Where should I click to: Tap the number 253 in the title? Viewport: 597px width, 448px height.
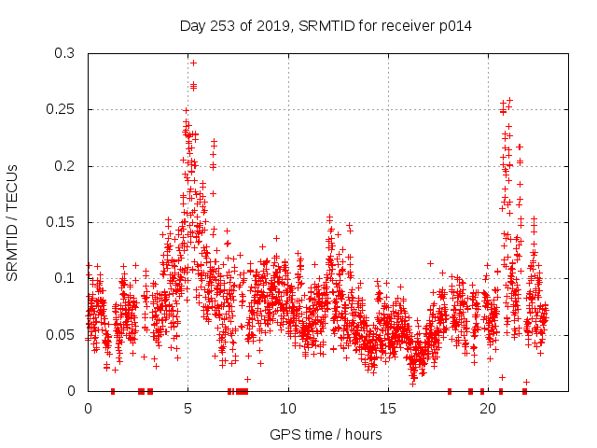[224, 26]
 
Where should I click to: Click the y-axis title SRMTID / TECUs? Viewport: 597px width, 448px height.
[12, 222]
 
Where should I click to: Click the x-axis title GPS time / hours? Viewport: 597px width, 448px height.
[326, 434]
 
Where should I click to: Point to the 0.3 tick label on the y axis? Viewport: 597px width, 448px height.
[64, 53]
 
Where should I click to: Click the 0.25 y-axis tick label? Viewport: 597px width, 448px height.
[61, 109]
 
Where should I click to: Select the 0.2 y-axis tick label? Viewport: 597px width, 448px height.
[64, 166]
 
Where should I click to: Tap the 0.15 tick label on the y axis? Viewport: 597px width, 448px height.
[61, 222]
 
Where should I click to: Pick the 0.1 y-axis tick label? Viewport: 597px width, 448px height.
[64, 278]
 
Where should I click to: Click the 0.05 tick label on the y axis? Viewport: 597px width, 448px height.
[61, 334]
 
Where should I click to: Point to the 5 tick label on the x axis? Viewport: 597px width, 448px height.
[187, 409]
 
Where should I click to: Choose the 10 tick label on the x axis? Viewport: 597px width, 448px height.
[288, 409]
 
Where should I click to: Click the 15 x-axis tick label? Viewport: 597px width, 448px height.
[389, 409]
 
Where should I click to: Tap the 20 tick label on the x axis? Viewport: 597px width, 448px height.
[490, 409]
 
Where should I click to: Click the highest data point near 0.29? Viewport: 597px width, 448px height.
[193, 63]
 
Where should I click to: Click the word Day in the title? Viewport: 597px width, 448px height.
[193, 26]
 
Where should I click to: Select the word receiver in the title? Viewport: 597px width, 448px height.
[406, 26]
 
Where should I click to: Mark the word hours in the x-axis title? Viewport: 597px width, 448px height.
[362, 434]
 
